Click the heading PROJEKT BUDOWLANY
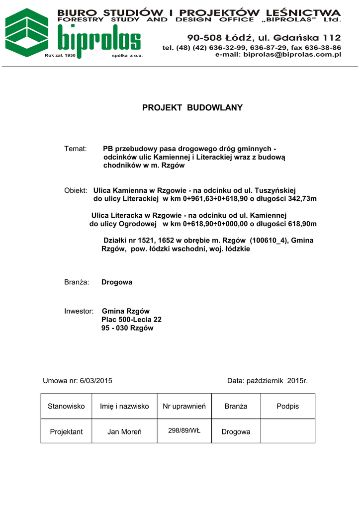pos(192,108)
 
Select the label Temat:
pos(76,149)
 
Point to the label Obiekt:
pos(76,190)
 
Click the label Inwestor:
pos(79,311)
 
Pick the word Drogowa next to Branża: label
pos(117,282)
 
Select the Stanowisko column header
pos(66,406)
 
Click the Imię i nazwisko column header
pos(124,406)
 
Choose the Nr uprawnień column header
pos(184,406)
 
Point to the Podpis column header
pos(287,406)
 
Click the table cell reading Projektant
pos(66,431)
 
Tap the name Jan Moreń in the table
pos(124,431)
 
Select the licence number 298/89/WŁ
pos(184,430)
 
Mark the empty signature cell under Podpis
pos(287,431)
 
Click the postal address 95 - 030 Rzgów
pos(127,328)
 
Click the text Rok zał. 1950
pos(60,56)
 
